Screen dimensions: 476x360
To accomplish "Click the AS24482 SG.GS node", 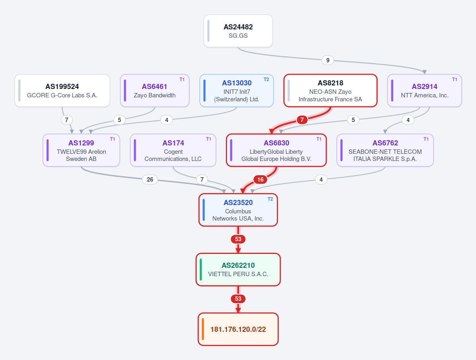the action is click(x=238, y=31).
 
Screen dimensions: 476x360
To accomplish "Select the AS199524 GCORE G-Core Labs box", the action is click(x=62, y=91).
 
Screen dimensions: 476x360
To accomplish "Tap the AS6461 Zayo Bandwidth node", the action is click(x=155, y=91).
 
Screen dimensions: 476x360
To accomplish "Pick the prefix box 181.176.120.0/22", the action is click(x=238, y=329).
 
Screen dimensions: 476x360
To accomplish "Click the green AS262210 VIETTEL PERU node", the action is click(x=238, y=269).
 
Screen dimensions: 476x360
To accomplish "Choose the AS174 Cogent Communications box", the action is click(x=173, y=150).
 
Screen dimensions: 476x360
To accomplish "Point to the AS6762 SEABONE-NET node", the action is click(x=385, y=150).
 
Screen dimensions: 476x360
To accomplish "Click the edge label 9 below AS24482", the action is click(x=328, y=60).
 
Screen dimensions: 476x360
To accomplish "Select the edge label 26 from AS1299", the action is click(x=150, y=180).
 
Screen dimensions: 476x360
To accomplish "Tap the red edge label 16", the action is click(x=260, y=180).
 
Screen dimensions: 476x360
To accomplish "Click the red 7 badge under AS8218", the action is click(x=302, y=120).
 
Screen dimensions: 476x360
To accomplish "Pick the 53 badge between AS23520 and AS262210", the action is click(x=238, y=239).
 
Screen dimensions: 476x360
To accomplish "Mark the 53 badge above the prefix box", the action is click(x=238, y=299).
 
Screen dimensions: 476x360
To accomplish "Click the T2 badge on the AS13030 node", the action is click(x=266, y=79).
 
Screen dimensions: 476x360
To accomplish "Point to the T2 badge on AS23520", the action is click(x=270, y=199).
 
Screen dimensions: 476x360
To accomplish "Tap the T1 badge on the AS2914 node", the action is click(x=455, y=79).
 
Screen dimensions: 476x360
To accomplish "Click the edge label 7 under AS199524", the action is click(x=67, y=120).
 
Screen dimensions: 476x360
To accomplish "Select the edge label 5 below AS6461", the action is click(x=119, y=120).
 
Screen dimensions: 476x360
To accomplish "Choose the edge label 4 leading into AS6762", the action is click(x=408, y=120).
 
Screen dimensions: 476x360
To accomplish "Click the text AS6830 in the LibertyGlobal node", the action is click(x=276, y=143).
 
